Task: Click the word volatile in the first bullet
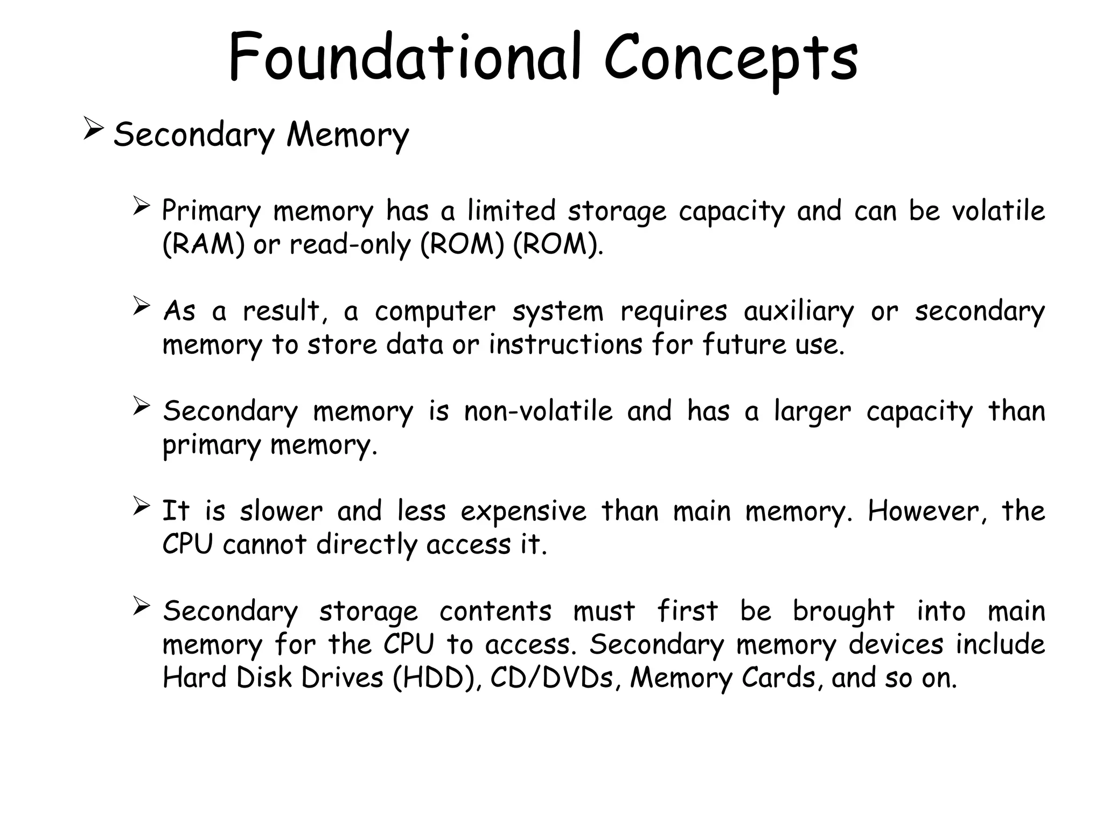[998, 211]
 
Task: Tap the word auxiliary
[798, 312]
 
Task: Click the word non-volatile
[538, 411]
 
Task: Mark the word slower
[281, 511]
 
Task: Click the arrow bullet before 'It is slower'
[141, 506]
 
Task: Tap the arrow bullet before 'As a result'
[141, 306]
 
